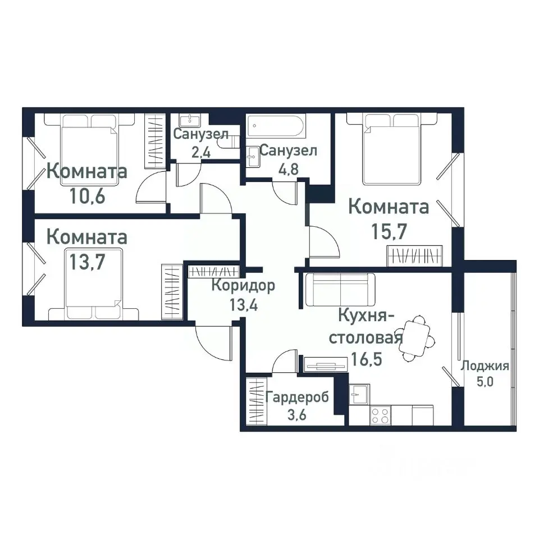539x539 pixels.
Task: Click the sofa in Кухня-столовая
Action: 340,289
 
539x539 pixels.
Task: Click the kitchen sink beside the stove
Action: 358,394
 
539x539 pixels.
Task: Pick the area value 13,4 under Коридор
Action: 243,306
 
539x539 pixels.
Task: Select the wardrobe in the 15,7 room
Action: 415,255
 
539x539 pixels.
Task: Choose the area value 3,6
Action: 298,416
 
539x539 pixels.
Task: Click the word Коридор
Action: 243,286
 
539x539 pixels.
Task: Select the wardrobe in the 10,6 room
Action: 154,140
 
